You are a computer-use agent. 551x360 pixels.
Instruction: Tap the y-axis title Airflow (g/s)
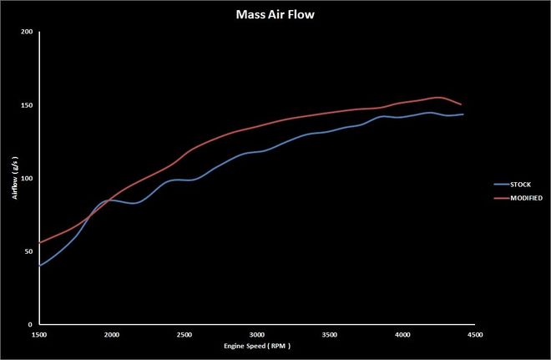[x=17, y=179]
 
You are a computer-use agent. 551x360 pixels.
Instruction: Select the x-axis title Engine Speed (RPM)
[x=257, y=345]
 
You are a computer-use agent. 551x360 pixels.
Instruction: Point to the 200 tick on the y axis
[x=26, y=33]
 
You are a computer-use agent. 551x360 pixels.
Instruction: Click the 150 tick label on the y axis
[x=26, y=105]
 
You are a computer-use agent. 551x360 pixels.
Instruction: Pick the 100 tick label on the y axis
[x=26, y=179]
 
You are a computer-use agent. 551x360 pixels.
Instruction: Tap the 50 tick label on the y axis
[x=28, y=251]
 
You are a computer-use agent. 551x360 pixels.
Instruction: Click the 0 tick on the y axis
[x=30, y=325]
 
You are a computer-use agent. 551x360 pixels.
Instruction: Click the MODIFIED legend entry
[x=523, y=198]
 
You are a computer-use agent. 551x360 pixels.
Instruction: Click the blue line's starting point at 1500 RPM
[x=39, y=266]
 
